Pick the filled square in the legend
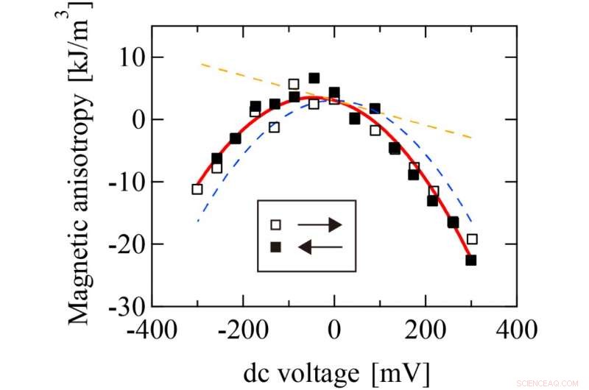click(x=275, y=247)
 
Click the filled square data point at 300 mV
click(x=471, y=260)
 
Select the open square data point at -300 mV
click(x=197, y=189)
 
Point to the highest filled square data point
click(x=314, y=78)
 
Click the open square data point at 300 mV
click(x=472, y=239)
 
